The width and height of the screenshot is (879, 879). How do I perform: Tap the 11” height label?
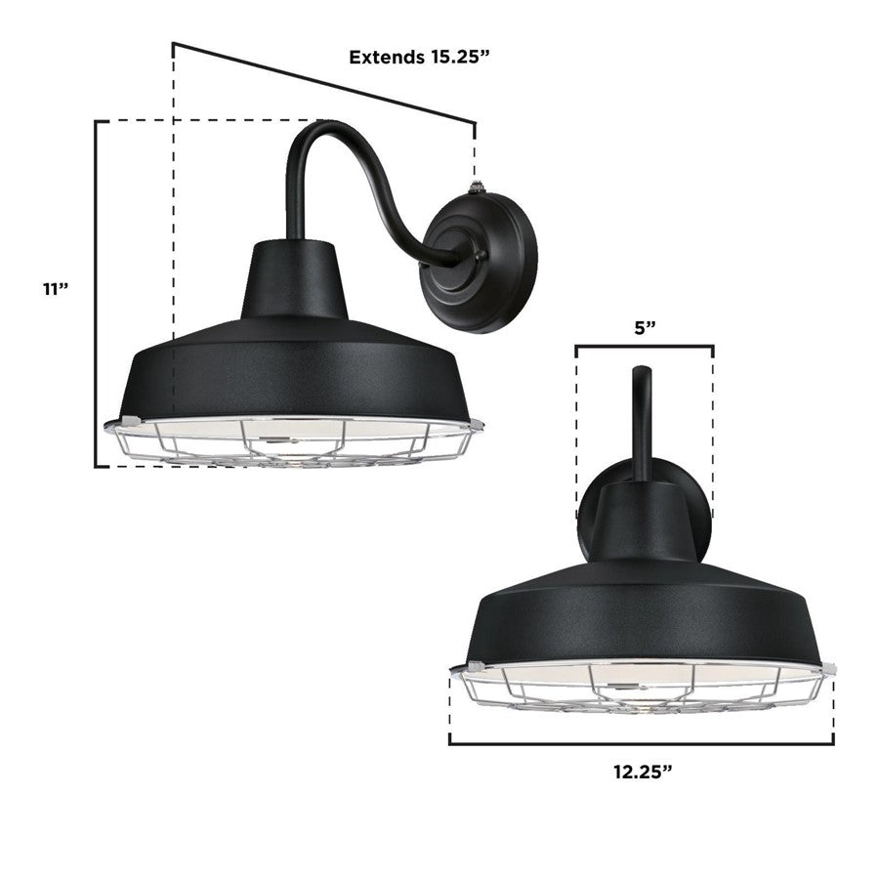click(x=56, y=289)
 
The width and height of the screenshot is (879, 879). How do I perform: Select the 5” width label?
click(x=645, y=328)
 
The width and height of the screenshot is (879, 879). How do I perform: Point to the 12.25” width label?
click(x=643, y=772)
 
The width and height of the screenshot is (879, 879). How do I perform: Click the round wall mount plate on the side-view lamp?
click(x=480, y=263)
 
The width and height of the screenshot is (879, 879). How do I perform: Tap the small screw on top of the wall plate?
click(x=477, y=185)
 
